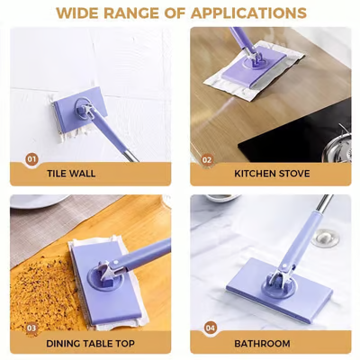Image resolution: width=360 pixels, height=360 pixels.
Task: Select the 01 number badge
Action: tap(31, 159)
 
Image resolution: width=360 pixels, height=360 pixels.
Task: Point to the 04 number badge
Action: tap(210, 328)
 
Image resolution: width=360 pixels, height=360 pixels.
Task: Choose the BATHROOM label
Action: tap(262, 343)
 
